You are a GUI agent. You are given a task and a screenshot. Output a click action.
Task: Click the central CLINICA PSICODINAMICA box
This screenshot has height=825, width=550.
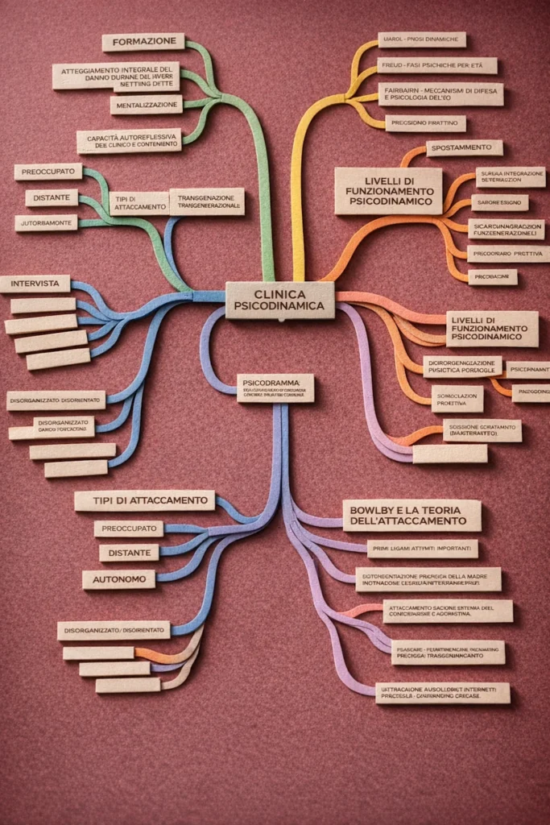click(x=279, y=300)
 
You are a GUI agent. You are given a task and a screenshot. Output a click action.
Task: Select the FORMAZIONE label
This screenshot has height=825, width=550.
click(x=143, y=42)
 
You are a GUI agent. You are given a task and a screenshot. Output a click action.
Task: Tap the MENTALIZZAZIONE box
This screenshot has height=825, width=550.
click(x=147, y=105)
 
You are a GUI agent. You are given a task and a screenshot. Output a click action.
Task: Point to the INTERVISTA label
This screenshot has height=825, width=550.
click(x=35, y=284)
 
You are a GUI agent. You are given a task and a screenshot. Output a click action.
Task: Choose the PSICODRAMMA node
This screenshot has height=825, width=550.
click(x=275, y=388)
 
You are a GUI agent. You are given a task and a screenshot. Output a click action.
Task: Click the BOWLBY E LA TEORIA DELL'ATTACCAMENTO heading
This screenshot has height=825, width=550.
click(x=411, y=515)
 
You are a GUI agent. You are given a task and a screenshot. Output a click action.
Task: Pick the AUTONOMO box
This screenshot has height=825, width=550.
click(x=118, y=579)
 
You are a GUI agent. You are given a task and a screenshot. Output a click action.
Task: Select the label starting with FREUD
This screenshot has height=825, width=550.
click(x=436, y=65)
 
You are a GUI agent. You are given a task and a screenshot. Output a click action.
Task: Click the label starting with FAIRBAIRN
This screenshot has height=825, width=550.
click(x=440, y=94)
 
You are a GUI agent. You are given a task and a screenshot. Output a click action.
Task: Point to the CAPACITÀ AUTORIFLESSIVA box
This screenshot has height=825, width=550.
click(x=129, y=141)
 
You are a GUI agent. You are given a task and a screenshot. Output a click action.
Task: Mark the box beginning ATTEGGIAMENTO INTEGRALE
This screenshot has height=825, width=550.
click(x=116, y=76)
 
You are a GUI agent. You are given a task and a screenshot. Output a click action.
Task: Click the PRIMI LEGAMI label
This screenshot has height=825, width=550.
click(x=422, y=549)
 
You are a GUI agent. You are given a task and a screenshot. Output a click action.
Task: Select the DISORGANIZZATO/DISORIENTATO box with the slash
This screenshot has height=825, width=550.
click(x=114, y=630)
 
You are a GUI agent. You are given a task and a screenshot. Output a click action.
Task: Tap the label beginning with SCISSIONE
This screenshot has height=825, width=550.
click(x=482, y=430)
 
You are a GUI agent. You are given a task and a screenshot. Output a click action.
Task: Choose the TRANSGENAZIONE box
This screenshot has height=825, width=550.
click(x=207, y=201)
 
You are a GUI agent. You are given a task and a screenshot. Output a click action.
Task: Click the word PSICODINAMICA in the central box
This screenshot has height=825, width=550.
click(x=279, y=307)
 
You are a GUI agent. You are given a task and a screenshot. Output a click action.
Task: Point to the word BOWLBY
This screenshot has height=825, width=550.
click(x=373, y=509)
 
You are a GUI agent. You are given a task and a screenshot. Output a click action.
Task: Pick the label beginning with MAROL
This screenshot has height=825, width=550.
click(x=422, y=39)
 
